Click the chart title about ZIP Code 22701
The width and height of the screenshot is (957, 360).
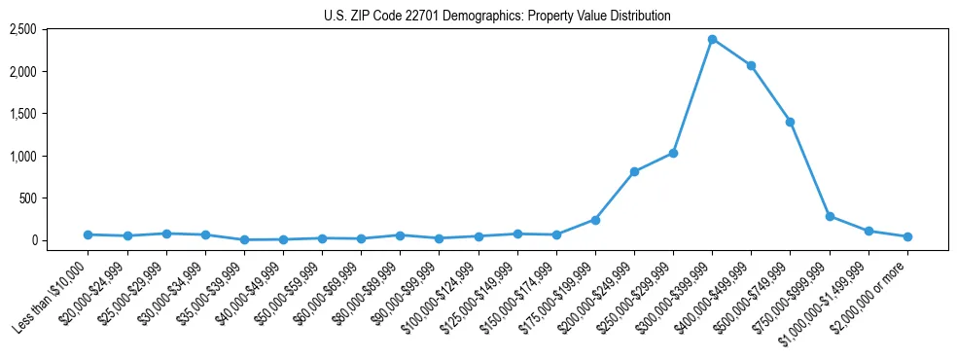(497, 16)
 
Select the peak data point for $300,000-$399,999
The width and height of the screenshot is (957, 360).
(712, 39)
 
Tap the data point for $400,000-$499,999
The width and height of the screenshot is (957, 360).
(751, 65)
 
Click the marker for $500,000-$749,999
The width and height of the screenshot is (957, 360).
(790, 122)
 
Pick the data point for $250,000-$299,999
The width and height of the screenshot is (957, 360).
(673, 153)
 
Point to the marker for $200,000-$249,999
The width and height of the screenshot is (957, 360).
(634, 171)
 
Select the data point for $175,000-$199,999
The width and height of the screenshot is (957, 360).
(595, 220)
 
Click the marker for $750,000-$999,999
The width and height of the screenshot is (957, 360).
(830, 216)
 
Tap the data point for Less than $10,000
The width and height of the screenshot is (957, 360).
(88, 234)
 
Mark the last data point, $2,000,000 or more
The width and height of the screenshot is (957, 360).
(907, 236)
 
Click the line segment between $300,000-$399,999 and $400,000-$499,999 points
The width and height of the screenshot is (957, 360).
(731, 53)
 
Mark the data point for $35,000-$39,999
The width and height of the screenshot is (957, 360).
(244, 239)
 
